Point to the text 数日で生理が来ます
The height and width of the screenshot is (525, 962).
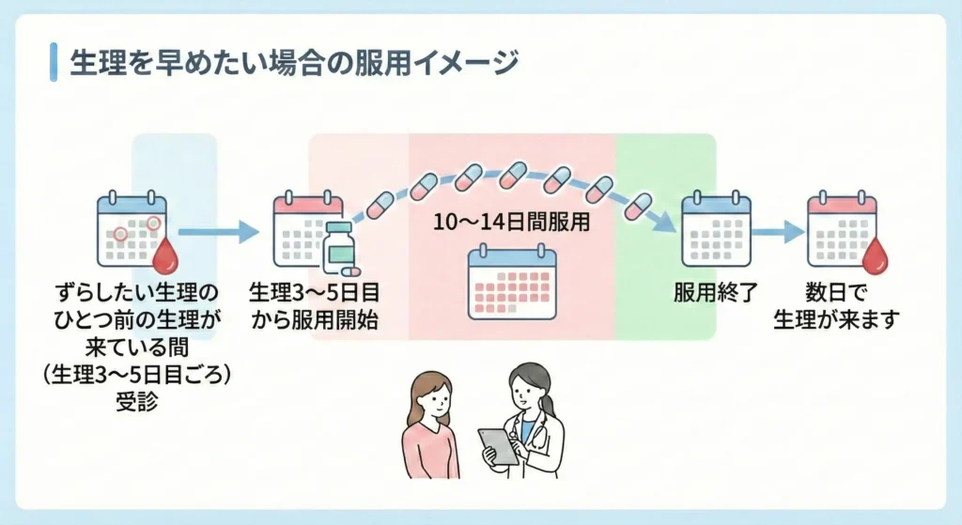point(836,305)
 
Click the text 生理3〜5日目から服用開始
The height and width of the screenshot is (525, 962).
point(315,305)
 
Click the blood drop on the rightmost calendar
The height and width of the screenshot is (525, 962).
point(876,254)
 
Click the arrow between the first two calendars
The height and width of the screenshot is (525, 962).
point(217,231)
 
